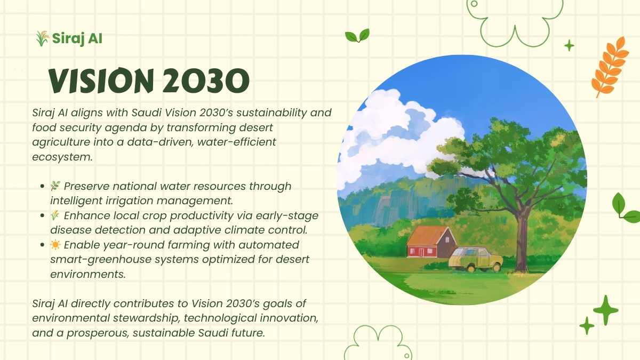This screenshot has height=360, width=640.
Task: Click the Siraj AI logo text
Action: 77,38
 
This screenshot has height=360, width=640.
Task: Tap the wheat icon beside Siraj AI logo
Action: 42,38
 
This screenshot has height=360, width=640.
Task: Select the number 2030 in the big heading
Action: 206,81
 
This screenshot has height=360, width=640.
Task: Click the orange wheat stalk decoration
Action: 610,67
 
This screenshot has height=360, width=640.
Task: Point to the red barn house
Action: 431,242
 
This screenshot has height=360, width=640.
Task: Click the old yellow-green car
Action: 475,259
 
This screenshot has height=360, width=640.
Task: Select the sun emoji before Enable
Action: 55,245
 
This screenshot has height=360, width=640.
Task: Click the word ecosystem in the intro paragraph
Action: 62,157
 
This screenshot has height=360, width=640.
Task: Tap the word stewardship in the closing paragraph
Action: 146,318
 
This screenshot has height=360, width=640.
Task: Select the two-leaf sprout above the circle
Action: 357,36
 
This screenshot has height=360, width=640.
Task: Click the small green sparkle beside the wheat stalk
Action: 569,45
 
